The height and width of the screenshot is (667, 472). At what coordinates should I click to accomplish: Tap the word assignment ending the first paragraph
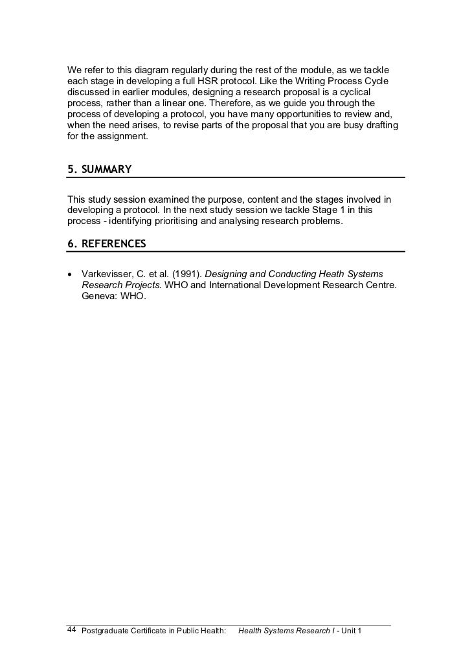click(126, 137)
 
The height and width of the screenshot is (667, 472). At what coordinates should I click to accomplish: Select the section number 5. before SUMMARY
click(73, 170)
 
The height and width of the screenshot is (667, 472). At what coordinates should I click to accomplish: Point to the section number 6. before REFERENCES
click(73, 244)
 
